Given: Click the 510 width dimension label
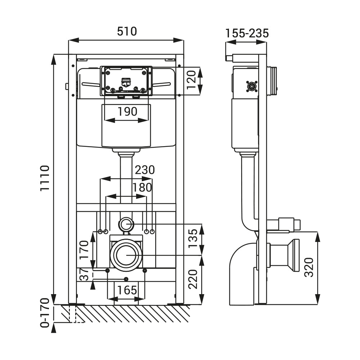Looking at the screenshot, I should (127, 32).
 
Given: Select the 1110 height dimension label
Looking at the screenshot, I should (45, 178).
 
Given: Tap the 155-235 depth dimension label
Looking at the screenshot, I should (247, 33).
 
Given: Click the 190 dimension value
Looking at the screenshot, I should (127, 112).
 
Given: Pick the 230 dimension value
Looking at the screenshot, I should (144, 170).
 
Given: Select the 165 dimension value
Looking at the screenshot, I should (127, 290).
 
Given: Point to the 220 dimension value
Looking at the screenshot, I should (193, 279).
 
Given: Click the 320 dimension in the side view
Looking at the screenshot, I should (309, 267).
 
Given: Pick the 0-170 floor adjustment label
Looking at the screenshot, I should (45, 312).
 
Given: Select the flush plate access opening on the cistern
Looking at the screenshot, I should (126, 81).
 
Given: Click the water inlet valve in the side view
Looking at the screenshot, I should (252, 86).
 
